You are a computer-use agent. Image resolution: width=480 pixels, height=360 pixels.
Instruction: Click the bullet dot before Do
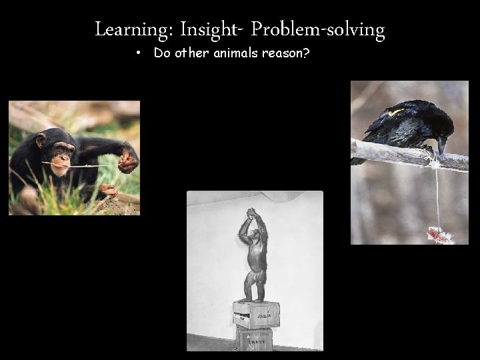(x=136, y=53)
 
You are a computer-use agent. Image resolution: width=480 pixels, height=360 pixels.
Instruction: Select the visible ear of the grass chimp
(x=41, y=141)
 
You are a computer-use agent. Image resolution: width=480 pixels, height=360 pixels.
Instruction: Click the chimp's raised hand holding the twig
(x=127, y=160)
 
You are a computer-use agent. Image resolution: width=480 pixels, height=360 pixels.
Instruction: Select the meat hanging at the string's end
(x=439, y=234)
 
